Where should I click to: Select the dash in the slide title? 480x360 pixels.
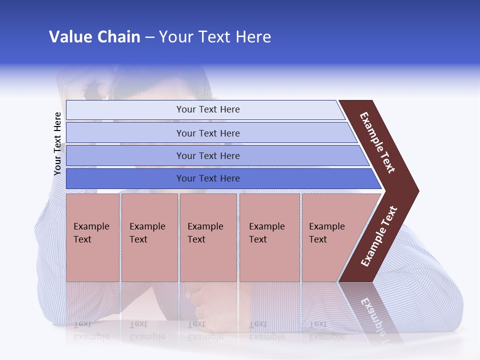(149, 37)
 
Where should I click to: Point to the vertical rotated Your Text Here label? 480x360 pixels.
(57, 143)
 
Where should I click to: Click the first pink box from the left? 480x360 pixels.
(92, 237)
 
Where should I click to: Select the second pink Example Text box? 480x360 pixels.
(149, 237)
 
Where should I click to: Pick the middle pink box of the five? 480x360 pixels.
(208, 237)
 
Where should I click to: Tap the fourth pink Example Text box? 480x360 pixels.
(269, 237)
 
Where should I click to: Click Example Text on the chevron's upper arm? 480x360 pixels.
(377, 143)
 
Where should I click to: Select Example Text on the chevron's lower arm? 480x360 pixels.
(379, 236)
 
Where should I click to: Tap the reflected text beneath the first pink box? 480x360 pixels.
(91, 330)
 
